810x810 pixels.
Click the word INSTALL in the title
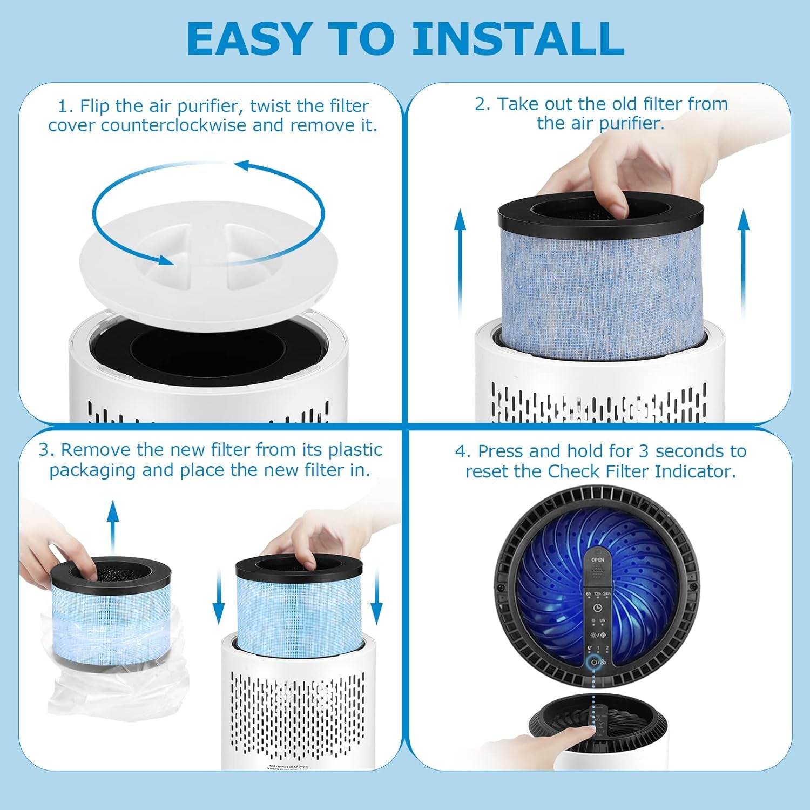pyautogui.click(x=517, y=39)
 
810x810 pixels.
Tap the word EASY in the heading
pyautogui.click(x=248, y=39)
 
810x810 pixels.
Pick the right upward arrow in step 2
pyautogui.click(x=744, y=265)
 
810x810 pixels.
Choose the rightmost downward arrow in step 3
pyautogui.click(x=377, y=599)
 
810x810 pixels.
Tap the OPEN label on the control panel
pyautogui.click(x=597, y=560)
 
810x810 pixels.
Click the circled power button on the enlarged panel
pyautogui.click(x=595, y=662)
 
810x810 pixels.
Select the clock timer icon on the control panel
pyautogui.click(x=597, y=607)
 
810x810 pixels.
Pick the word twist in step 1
pyautogui.click(x=269, y=106)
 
